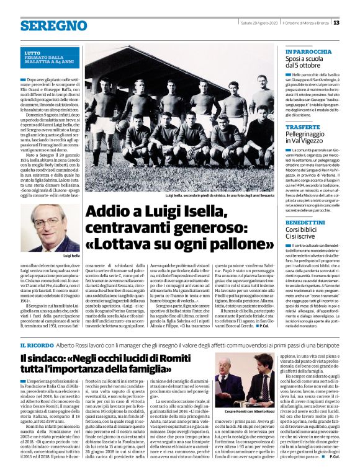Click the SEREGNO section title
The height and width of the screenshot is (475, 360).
coord(45,25)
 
